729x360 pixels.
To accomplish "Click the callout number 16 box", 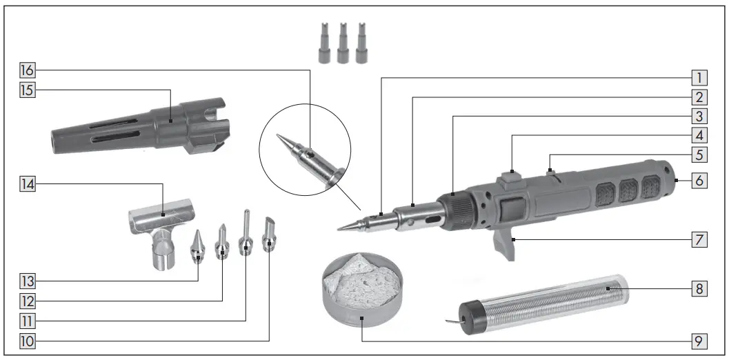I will [28, 70].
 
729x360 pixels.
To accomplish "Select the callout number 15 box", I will [28, 90].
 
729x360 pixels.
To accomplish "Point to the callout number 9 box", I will [699, 340].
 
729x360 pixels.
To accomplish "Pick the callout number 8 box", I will [699, 289].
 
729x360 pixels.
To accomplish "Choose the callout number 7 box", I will [699, 239].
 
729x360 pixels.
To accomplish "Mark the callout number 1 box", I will [699, 78].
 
